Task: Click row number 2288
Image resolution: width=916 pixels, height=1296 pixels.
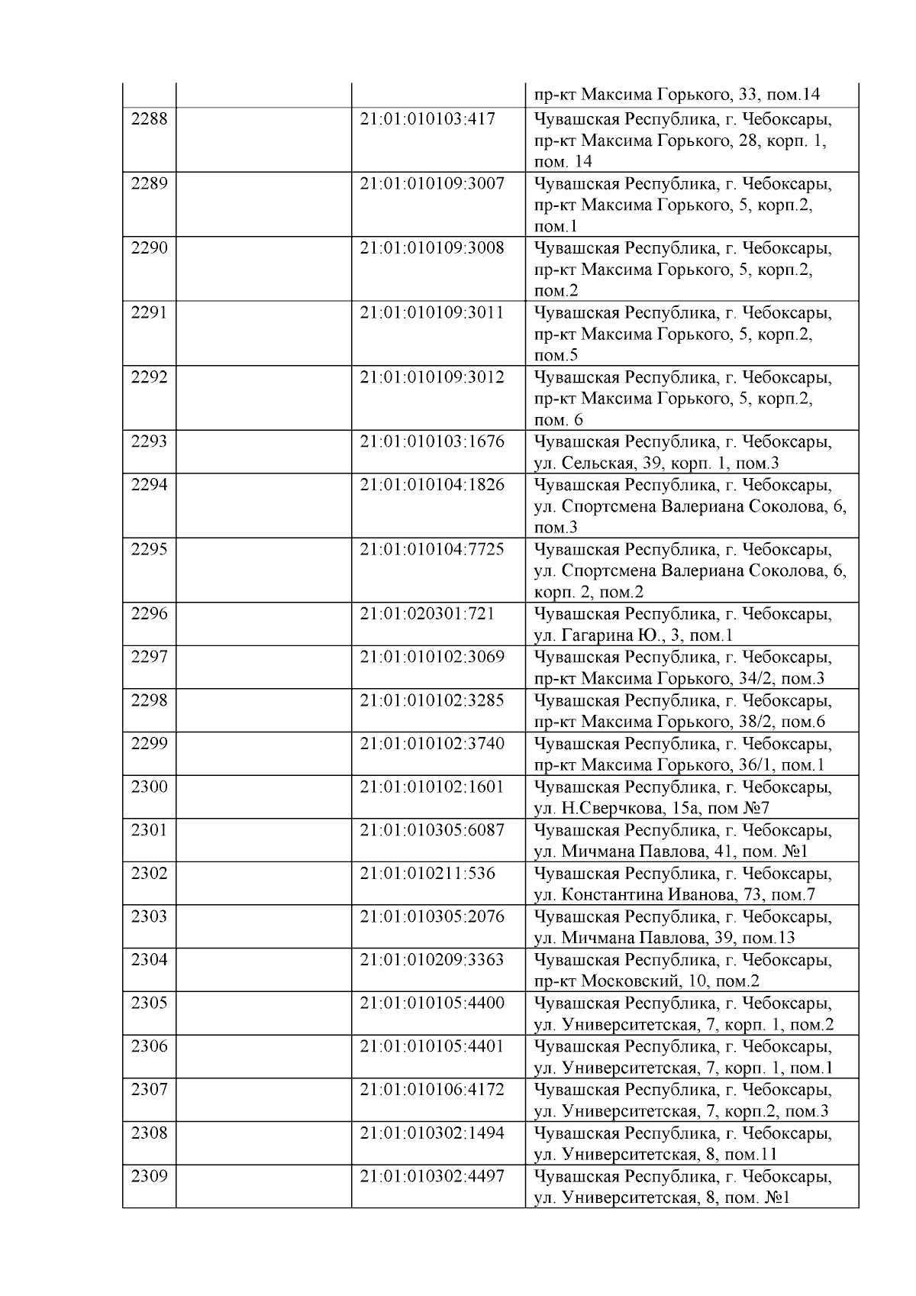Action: point(149,119)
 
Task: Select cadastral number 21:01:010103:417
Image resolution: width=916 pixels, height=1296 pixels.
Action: point(427,119)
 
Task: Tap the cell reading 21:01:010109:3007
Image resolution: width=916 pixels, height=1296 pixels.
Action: point(432,184)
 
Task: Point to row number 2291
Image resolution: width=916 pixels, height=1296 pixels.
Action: point(149,313)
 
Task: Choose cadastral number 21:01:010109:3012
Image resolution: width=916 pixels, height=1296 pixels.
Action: point(432,377)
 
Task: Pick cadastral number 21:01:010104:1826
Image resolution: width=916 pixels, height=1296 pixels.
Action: point(432,485)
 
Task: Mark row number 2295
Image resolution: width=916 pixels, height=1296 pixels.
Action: point(149,550)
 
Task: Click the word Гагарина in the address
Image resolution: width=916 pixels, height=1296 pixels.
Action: point(593,635)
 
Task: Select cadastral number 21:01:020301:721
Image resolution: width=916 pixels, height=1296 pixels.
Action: point(427,614)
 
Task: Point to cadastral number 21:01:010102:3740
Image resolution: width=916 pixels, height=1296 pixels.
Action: point(432,744)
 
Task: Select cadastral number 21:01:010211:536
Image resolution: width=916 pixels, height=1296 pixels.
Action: point(427,873)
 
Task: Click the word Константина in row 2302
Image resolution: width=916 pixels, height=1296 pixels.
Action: point(612,894)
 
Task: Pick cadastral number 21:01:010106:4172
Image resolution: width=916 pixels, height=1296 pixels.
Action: point(432,1089)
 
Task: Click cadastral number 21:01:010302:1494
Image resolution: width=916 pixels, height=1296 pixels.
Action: point(432,1133)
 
